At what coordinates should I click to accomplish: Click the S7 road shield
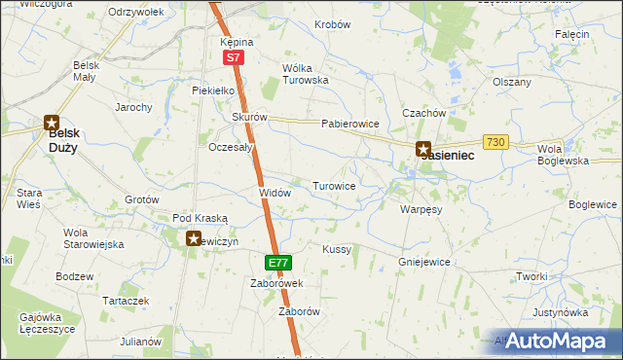(233, 58)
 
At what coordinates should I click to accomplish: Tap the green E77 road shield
(276, 263)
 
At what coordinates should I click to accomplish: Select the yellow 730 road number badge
(496, 142)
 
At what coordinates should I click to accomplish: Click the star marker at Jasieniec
(423, 150)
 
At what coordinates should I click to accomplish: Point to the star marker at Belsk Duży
(51, 123)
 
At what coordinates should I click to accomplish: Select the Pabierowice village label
(349, 125)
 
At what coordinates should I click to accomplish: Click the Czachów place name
(423, 113)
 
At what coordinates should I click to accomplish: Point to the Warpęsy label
(421, 208)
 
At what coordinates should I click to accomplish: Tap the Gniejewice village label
(423, 262)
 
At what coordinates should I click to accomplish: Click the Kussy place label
(337, 249)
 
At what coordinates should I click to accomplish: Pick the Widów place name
(275, 193)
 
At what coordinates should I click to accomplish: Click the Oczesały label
(232, 148)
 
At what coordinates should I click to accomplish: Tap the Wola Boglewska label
(566, 155)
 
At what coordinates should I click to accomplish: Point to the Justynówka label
(561, 313)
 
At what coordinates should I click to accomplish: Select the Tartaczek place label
(126, 302)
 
